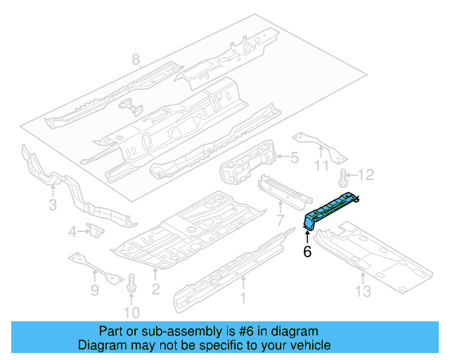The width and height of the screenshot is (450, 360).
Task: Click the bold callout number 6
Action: (x=307, y=252)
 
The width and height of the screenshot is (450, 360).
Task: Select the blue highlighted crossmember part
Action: (x=330, y=210)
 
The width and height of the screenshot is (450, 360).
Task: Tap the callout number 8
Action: (x=136, y=60)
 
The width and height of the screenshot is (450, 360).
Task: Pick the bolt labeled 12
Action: (x=344, y=176)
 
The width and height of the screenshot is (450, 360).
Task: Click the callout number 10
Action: (x=131, y=312)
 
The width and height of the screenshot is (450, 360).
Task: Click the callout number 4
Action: (x=73, y=231)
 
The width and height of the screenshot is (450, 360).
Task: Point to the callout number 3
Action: (x=53, y=205)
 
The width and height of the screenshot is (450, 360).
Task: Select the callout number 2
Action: (x=155, y=288)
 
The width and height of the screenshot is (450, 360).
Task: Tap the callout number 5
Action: (x=295, y=159)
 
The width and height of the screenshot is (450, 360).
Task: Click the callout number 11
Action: (x=321, y=167)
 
